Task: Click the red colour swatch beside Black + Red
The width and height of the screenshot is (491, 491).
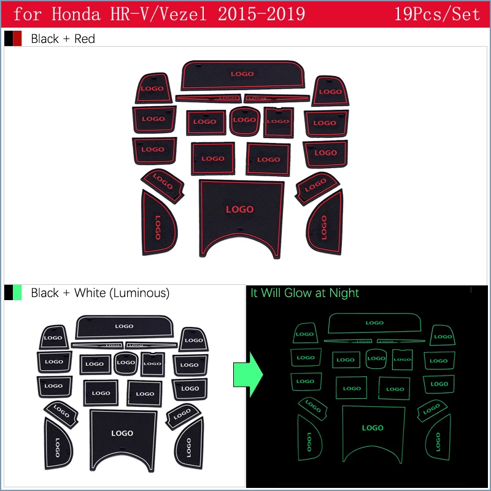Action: click(17, 39)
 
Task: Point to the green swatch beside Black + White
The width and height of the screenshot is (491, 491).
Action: click(17, 293)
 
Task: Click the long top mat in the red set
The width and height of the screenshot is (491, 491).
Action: click(243, 75)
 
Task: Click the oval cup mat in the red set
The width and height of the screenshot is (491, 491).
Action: click(244, 121)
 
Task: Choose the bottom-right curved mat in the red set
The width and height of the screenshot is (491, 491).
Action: click(325, 223)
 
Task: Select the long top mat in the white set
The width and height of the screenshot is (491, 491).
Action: click(123, 326)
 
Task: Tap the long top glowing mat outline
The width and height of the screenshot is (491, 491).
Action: click(374, 323)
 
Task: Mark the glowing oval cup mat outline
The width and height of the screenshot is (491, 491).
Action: click(376, 358)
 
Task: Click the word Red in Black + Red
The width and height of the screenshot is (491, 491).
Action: click(85, 39)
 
